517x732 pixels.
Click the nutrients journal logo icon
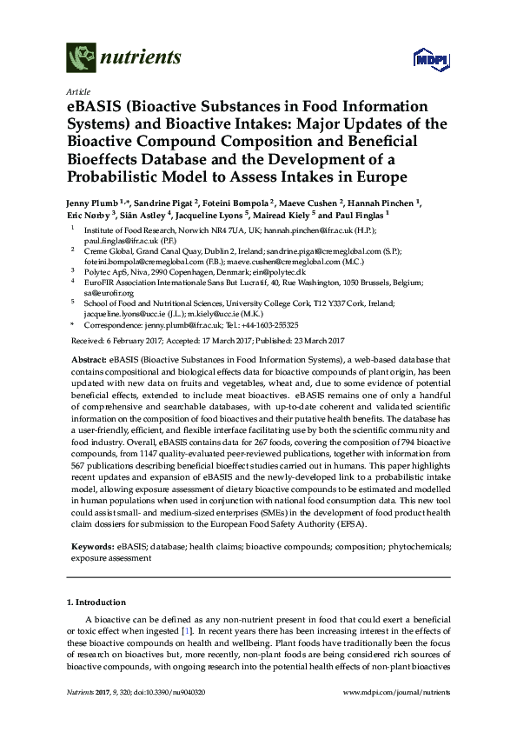click(x=82, y=58)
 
